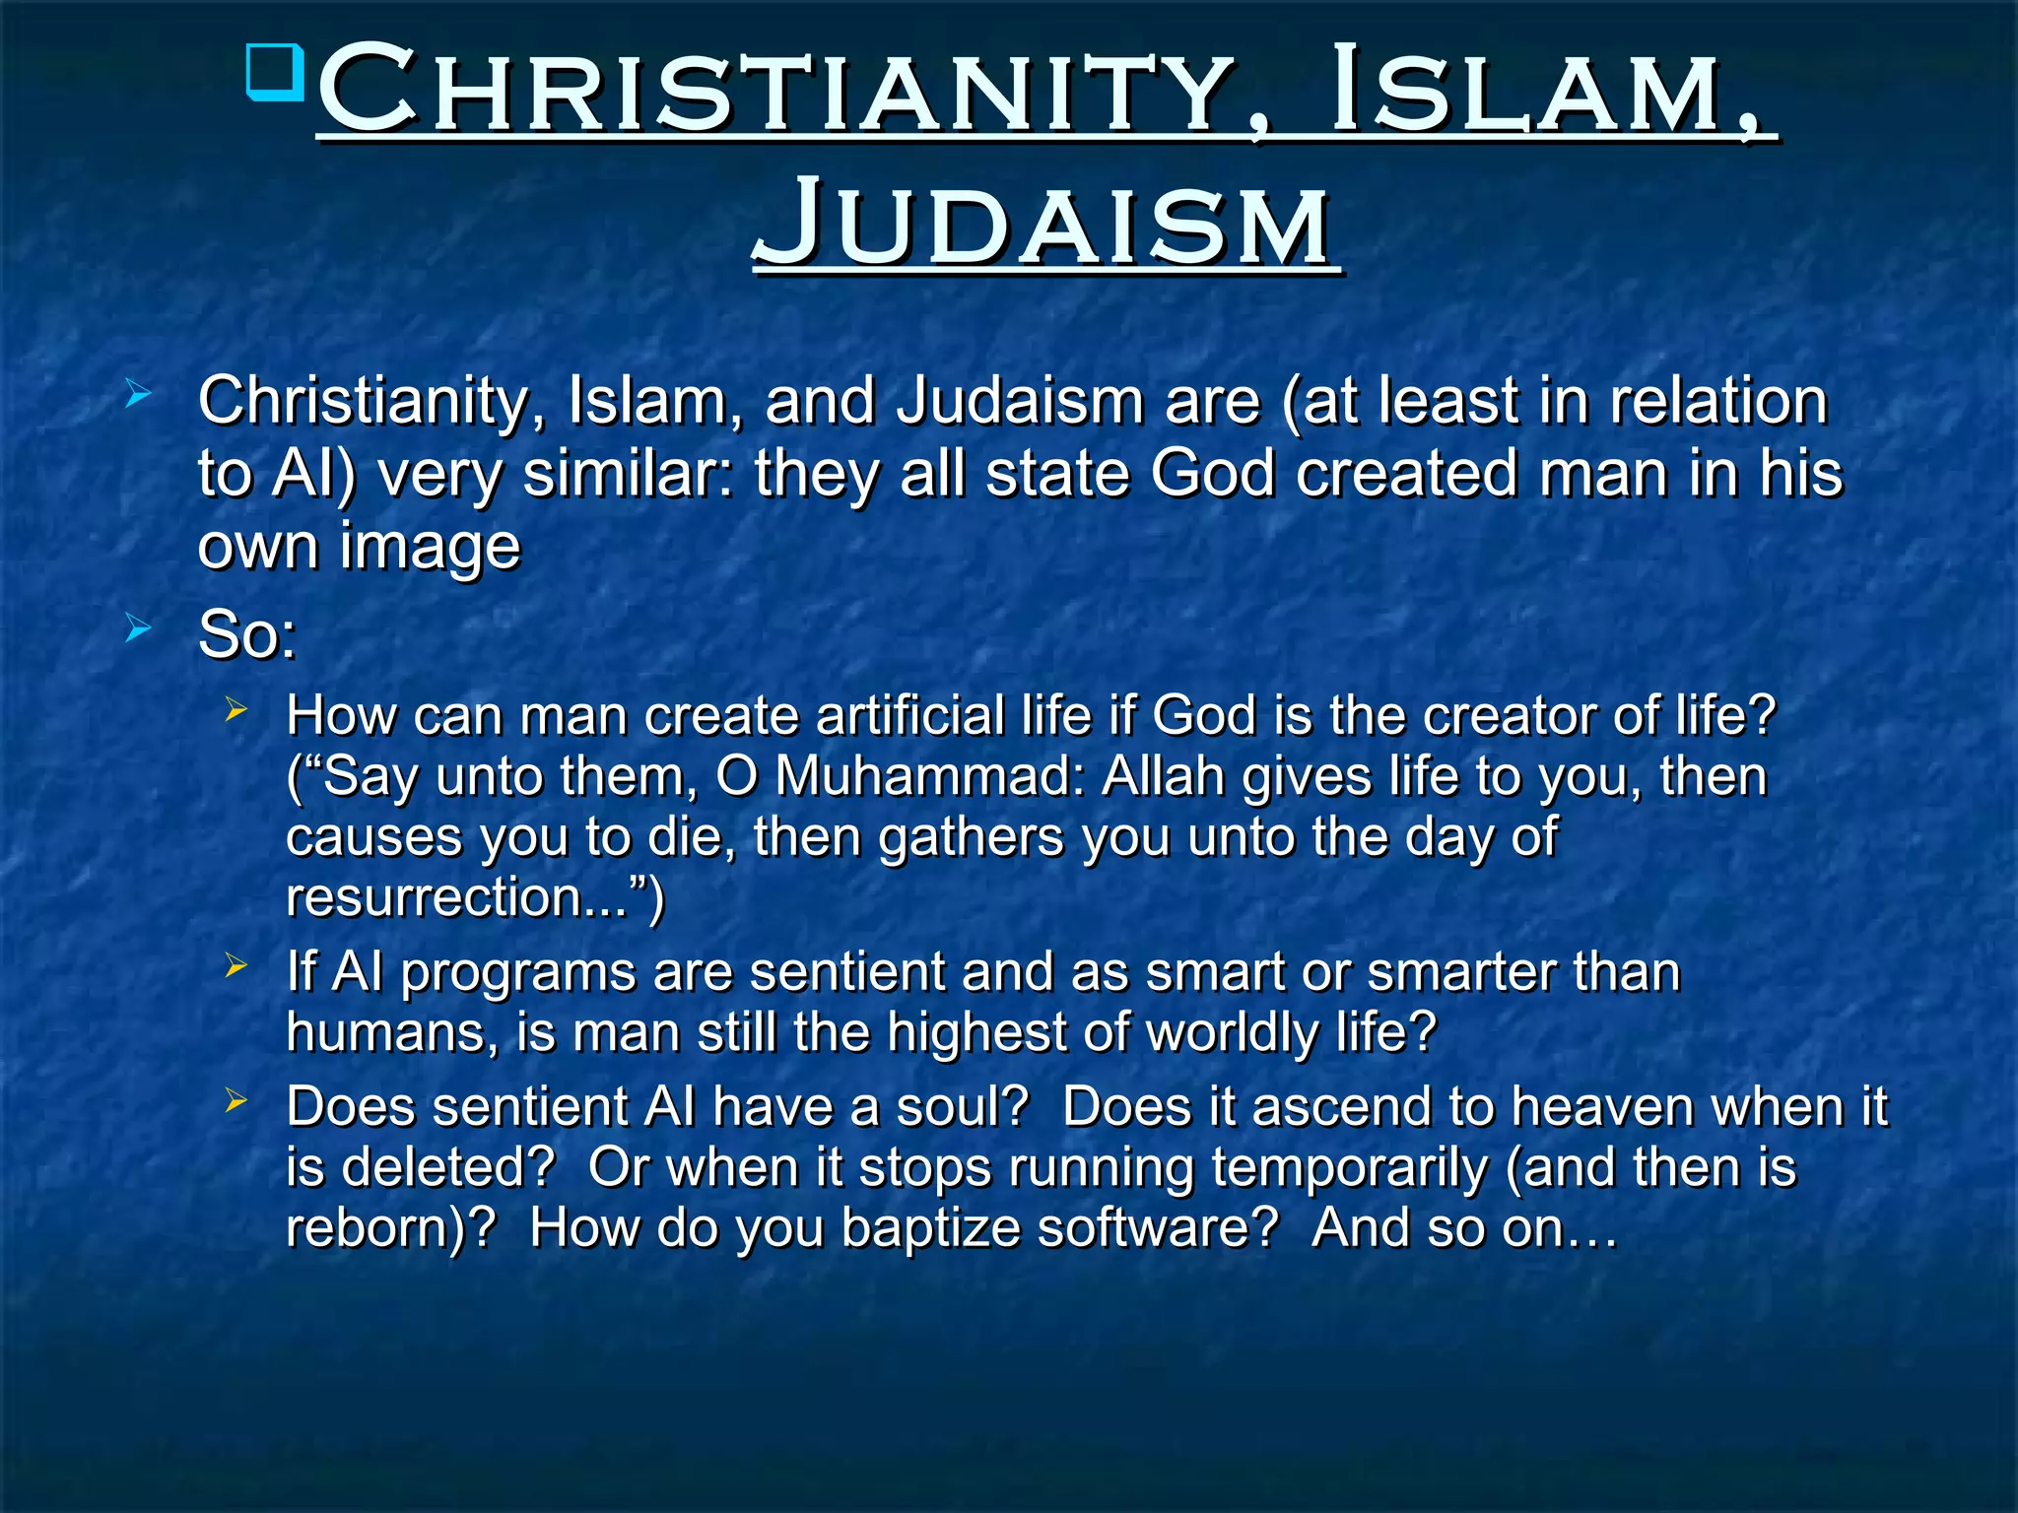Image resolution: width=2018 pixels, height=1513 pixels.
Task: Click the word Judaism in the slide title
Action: point(1045,224)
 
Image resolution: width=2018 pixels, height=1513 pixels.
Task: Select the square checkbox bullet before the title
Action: point(276,71)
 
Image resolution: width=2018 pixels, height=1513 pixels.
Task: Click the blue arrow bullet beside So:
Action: point(139,627)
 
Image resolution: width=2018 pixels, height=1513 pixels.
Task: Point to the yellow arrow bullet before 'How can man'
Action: point(235,708)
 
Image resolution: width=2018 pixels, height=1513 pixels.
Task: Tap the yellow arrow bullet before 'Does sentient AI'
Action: point(235,1100)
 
